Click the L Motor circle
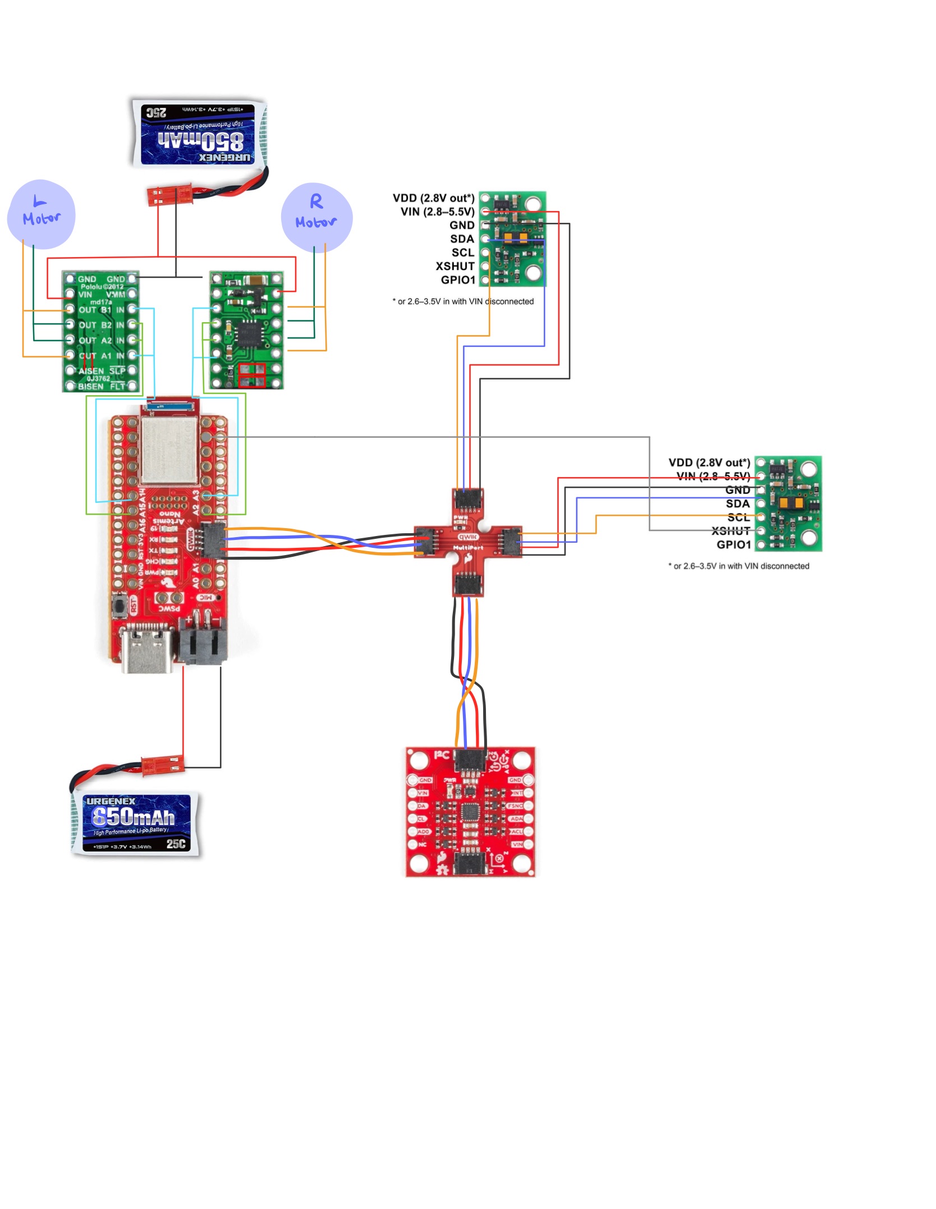coord(41,214)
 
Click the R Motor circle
coord(316,217)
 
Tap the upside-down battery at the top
coord(198,134)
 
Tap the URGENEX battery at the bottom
coord(136,823)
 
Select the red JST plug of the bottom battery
coord(162,765)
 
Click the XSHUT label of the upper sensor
coord(455,266)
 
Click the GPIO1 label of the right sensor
coord(733,544)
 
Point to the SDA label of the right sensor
coord(737,503)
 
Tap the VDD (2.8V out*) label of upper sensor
coord(433,198)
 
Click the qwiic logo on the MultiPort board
coord(468,537)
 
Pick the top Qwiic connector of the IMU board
coord(470,759)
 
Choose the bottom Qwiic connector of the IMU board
coord(470,863)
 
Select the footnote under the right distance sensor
coord(738,566)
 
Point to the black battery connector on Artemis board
coord(203,644)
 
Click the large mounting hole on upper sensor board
coord(533,273)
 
